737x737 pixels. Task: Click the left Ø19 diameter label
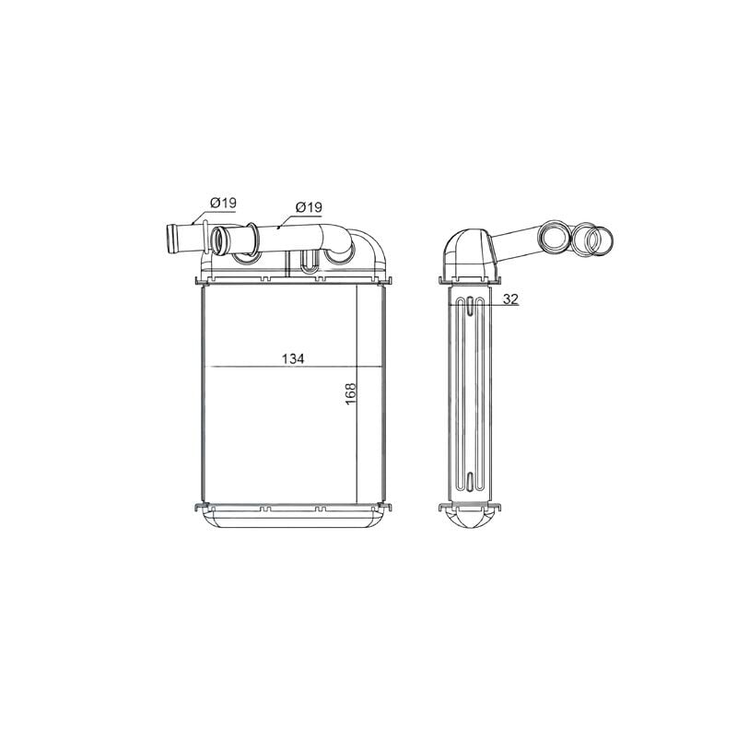pos(223,203)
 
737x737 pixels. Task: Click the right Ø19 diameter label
pos(309,206)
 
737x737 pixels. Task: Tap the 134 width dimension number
pos(293,359)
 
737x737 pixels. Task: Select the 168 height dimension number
pos(351,394)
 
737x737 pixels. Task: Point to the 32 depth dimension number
pos(510,298)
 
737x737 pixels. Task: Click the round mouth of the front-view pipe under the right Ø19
pos(220,240)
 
